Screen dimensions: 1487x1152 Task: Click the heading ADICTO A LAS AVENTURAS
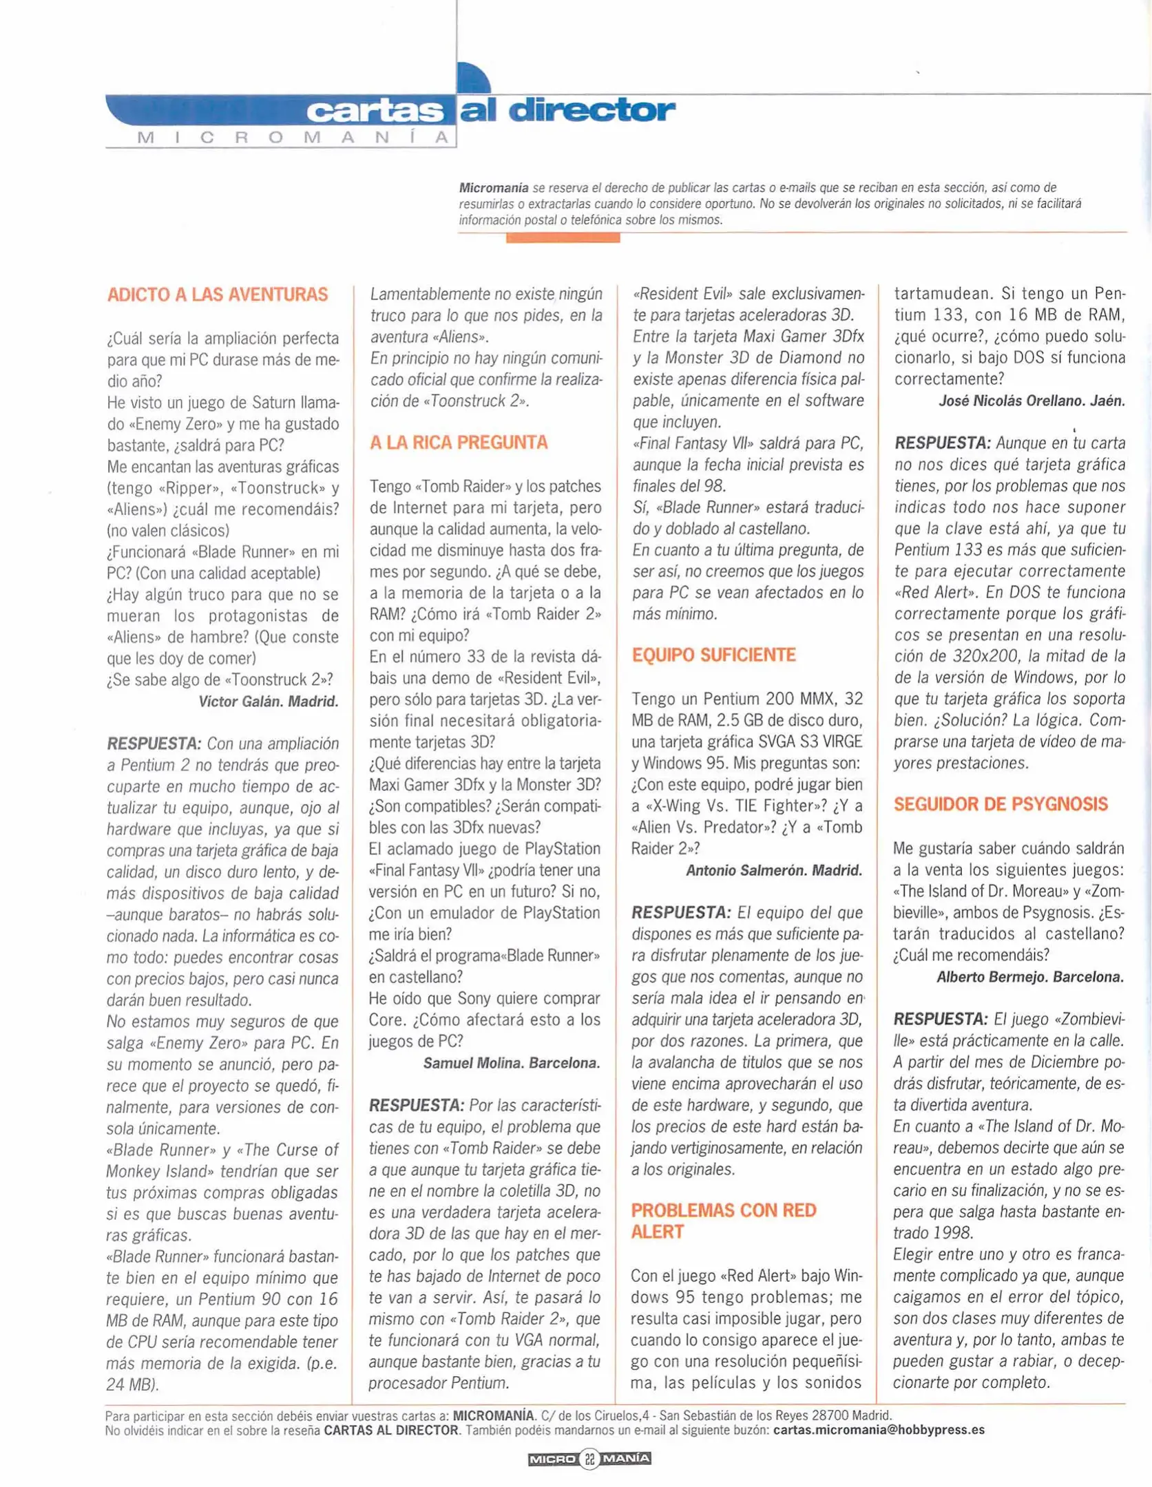pyautogui.click(x=218, y=295)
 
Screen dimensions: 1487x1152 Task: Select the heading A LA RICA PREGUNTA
pyautogui.click(x=459, y=443)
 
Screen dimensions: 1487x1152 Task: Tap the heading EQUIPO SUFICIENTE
pyautogui.click(x=713, y=655)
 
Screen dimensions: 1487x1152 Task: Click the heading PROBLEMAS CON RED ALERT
pyautogui.click(x=723, y=1221)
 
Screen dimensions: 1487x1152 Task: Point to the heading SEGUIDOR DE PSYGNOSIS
pyautogui.click(x=1001, y=804)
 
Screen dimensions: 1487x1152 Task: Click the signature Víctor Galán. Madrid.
pyautogui.click(x=269, y=702)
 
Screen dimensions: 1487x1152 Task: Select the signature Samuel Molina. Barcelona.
pyautogui.click(x=512, y=1063)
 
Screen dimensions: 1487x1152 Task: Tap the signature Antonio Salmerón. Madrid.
pyautogui.click(x=774, y=870)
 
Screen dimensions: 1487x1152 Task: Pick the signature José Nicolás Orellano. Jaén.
pyautogui.click(x=1031, y=401)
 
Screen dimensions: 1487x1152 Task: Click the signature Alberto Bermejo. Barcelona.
pyautogui.click(x=1030, y=977)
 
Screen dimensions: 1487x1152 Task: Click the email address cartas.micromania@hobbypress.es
pyautogui.click(x=879, y=1430)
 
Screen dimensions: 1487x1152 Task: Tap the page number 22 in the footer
pyautogui.click(x=589, y=1459)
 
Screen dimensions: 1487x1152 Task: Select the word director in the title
pyautogui.click(x=591, y=110)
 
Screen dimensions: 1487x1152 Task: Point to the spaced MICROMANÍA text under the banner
pyautogui.click(x=293, y=138)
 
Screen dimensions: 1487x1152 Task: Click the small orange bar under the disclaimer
pyautogui.click(x=563, y=238)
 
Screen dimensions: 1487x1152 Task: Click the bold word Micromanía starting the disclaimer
pyautogui.click(x=494, y=188)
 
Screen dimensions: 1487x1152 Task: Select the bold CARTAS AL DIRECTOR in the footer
pyautogui.click(x=391, y=1430)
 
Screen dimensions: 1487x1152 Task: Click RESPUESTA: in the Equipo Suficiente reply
pyautogui.click(x=680, y=913)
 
